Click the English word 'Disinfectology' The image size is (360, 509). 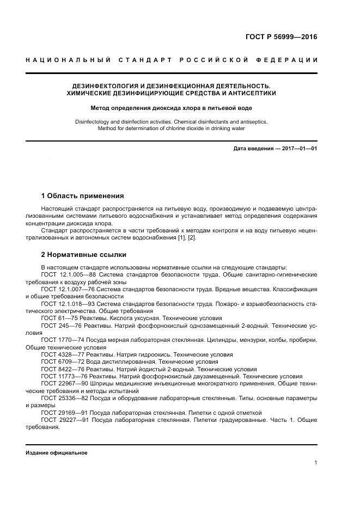(x=94, y=122)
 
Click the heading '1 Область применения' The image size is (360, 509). (x=82, y=196)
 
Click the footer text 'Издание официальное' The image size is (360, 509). (x=56, y=453)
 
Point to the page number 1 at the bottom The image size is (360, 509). (x=316, y=463)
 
